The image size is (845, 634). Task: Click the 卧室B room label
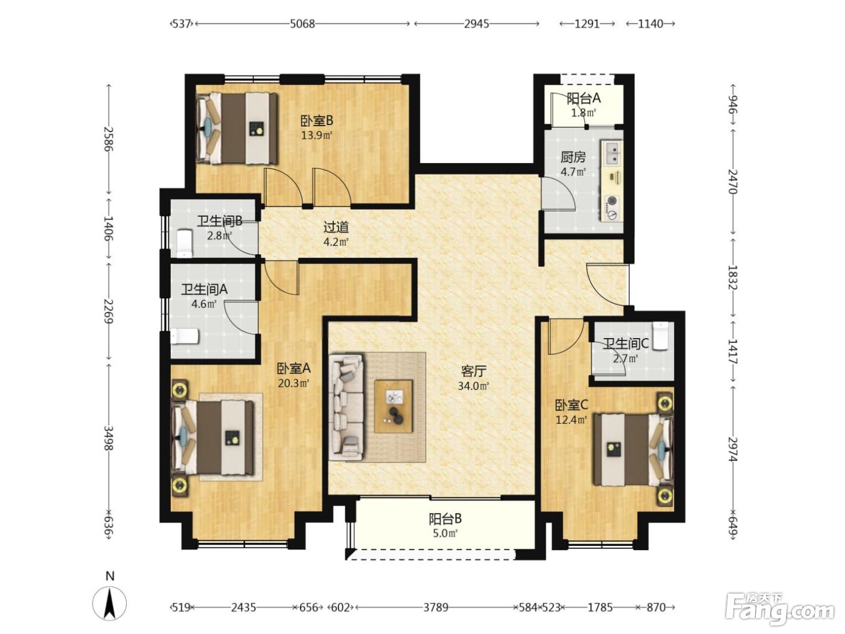point(316,121)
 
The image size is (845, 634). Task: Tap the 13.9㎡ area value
point(316,135)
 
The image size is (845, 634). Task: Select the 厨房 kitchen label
point(573,157)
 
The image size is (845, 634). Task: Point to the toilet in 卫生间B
point(185,243)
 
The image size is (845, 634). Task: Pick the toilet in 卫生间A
point(185,336)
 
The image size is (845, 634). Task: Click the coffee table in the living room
point(394,406)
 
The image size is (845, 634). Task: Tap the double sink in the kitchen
point(612,153)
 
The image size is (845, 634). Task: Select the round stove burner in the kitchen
point(611,201)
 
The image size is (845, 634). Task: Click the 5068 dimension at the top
point(302,24)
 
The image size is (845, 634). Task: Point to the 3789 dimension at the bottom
point(436,607)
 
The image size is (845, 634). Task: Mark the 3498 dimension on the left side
point(109,438)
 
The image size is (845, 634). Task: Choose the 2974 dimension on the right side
point(733,449)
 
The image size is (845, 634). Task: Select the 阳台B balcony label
point(445,519)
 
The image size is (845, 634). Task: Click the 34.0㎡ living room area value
point(473,386)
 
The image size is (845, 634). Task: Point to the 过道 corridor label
point(336,227)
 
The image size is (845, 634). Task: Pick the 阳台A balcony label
point(584,98)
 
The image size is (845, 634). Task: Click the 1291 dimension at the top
point(587,24)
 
